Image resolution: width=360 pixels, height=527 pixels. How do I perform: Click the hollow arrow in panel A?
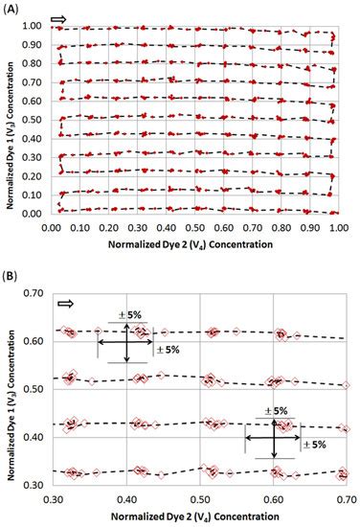pyautogui.click(x=59, y=19)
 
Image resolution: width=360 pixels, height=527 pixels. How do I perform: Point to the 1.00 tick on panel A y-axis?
pyautogui.click(x=34, y=26)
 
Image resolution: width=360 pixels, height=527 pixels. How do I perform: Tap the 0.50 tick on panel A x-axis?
pyautogui.click(x=194, y=228)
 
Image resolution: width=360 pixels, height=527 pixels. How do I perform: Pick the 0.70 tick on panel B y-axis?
pyautogui.click(x=36, y=291)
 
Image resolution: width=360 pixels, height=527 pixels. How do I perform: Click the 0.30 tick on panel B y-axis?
pyautogui.click(x=36, y=486)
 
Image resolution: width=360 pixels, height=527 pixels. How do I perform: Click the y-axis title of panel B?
pyautogui.click(x=11, y=388)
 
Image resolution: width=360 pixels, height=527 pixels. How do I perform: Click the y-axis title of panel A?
pyautogui.click(x=9, y=120)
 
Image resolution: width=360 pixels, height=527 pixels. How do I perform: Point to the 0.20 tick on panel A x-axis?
pyautogui.click(x=108, y=228)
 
